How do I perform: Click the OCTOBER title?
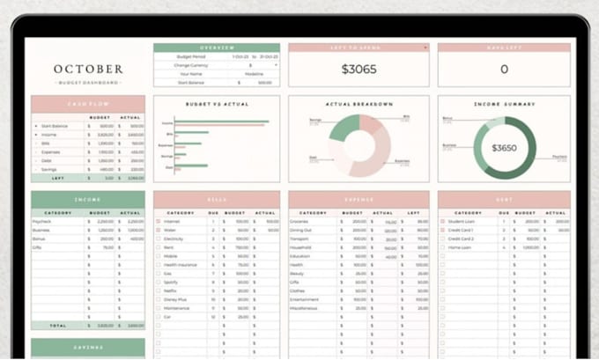pyautogui.click(x=88, y=69)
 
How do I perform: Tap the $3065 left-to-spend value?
pyautogui.click(x=359, y=69)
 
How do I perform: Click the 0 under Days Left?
pyautogui.click(x=504, y=69)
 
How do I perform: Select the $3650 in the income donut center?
pyautogui.click(x=504, y=148)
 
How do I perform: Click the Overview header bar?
pyautogui.click(x=217, y=48)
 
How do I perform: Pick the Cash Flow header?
pyautogui.click(x=88, y=104)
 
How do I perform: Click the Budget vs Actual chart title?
pyautogui.click(x=217, y=104)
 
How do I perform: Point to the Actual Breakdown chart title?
pyautogui.click(x=359, y=104)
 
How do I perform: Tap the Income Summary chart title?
pyautogui.click(x=504, y=104)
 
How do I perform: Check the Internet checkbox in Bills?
pyautogui.click(x=159, y=221)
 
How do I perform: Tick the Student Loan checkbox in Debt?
pyautogui.click(x=443, y=221)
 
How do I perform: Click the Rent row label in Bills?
pyautogui.click(x=168, y=247)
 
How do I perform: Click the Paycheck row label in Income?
pyautogui.click(x=41, y=221)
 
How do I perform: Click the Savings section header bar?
pyautogui.click(x=88, y=349)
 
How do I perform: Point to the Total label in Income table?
pyautogui.click(x=58, y=325)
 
